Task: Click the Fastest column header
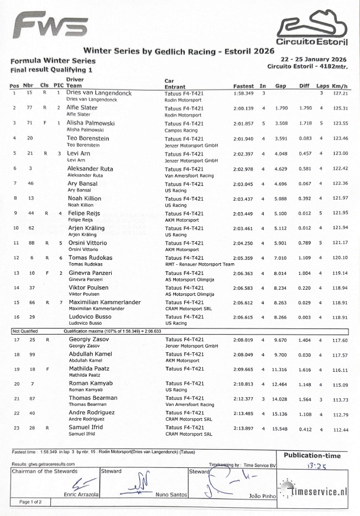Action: pyautogui.click(x=243, y=86)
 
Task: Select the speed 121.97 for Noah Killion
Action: pyautogui.click(x=341, y=198)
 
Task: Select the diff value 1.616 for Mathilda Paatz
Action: pyautogui.click(x=305, y=369)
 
